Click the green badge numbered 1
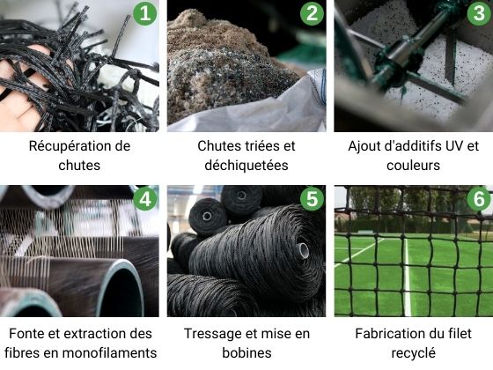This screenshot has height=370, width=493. coord(144,13)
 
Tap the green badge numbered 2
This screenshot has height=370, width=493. coord(311,13)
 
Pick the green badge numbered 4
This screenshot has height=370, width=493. coord(144,199)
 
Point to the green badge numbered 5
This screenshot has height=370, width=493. coord(311,199)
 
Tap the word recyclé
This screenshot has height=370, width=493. coord(413,353)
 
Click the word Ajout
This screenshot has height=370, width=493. coord(364,145)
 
